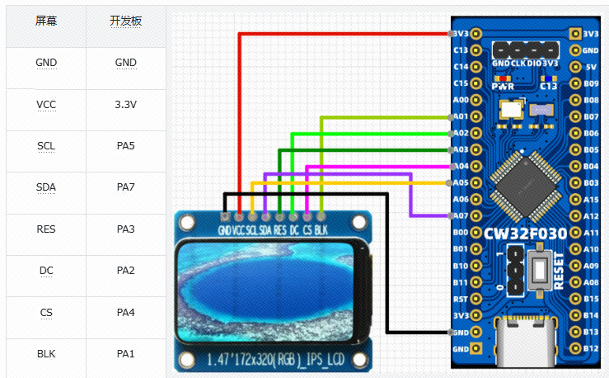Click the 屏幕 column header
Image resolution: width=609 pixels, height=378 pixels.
[46, 21]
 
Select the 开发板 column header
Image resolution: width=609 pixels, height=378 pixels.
[126, 21]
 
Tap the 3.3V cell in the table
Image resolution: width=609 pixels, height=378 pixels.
[126, 105]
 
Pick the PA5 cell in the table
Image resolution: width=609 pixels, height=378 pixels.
[126, 146]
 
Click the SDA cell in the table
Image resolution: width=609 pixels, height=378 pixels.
[46, 187]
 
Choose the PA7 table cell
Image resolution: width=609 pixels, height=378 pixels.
[126, 187]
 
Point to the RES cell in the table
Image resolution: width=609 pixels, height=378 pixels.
[46, 229]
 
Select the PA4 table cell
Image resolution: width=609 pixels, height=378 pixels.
[126, 313]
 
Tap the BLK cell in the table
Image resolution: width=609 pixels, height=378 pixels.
[46, 354]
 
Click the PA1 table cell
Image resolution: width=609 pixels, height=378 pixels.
[126, 354]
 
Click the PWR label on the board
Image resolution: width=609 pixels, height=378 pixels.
[502, 85]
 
